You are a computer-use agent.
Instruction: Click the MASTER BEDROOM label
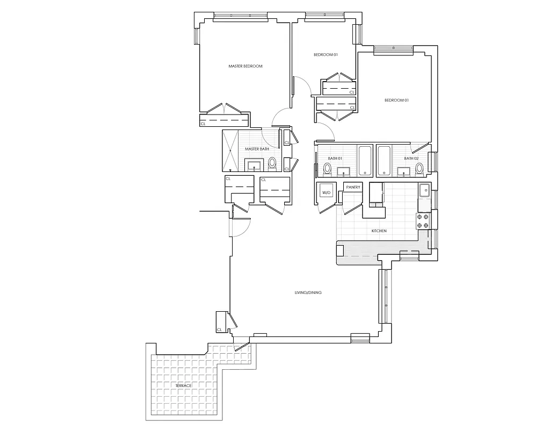pos(245,66)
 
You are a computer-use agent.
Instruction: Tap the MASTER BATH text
pos(257,149)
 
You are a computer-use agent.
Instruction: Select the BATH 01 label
pos(335,158)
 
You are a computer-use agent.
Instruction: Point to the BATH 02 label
pos(411,158)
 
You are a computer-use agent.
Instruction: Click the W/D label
pos(326,192)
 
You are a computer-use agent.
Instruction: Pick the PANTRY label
pos(352,187)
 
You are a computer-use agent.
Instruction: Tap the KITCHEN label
pos(379,231)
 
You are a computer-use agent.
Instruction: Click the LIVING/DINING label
pos(308,292)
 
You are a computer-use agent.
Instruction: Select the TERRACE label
pos(183,386)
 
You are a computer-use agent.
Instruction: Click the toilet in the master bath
pos(272,162)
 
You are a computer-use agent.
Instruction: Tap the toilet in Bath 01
pos(327,169)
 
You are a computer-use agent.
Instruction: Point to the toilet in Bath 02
pos(420,169)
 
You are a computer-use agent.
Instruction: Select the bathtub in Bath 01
pos(365,160)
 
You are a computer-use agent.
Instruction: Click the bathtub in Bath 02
pos(384,160)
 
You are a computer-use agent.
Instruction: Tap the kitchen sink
pos(424,190)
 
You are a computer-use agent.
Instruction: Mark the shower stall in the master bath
pos(231,150)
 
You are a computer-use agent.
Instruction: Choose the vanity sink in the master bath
pos(253,164)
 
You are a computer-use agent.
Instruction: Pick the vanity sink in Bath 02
pos(403,171)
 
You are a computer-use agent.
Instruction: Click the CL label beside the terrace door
pos(219,329)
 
